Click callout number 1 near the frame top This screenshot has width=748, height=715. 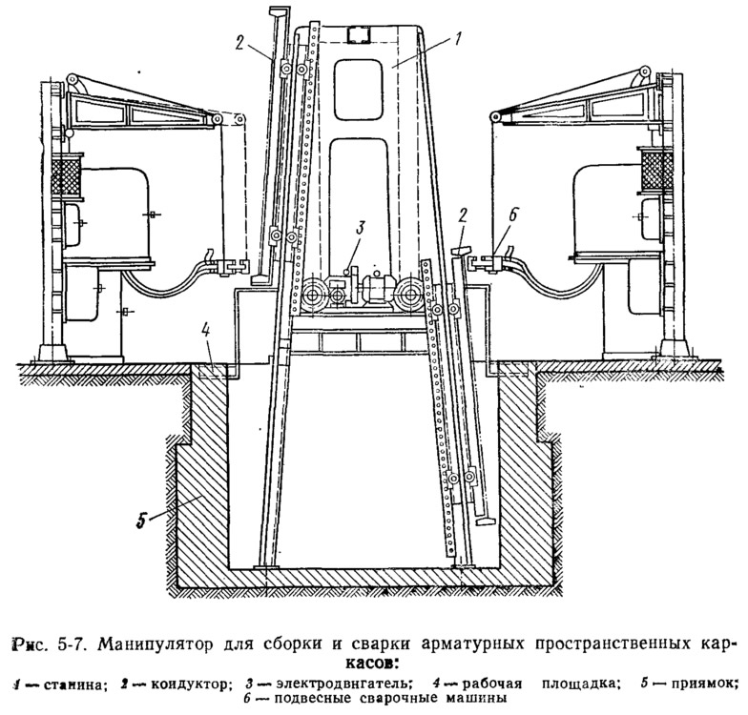point(459,39)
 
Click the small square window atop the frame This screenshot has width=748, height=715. point(360,35)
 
